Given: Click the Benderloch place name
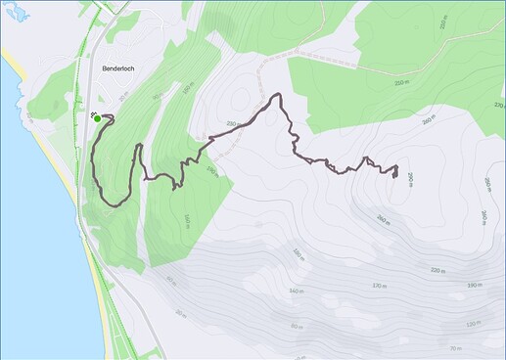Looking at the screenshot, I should [120, 69].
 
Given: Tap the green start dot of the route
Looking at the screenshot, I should [98, 118].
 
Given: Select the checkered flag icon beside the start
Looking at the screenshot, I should [93, 113].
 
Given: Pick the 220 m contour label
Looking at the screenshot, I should [437, 271].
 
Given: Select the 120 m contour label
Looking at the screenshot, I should [474, 324].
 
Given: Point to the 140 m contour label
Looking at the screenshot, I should [295, 291].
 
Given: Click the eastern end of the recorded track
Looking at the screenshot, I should [394, 175].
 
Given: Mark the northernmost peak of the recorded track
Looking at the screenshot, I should [279, 95].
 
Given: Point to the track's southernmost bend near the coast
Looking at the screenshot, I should [111, 204].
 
